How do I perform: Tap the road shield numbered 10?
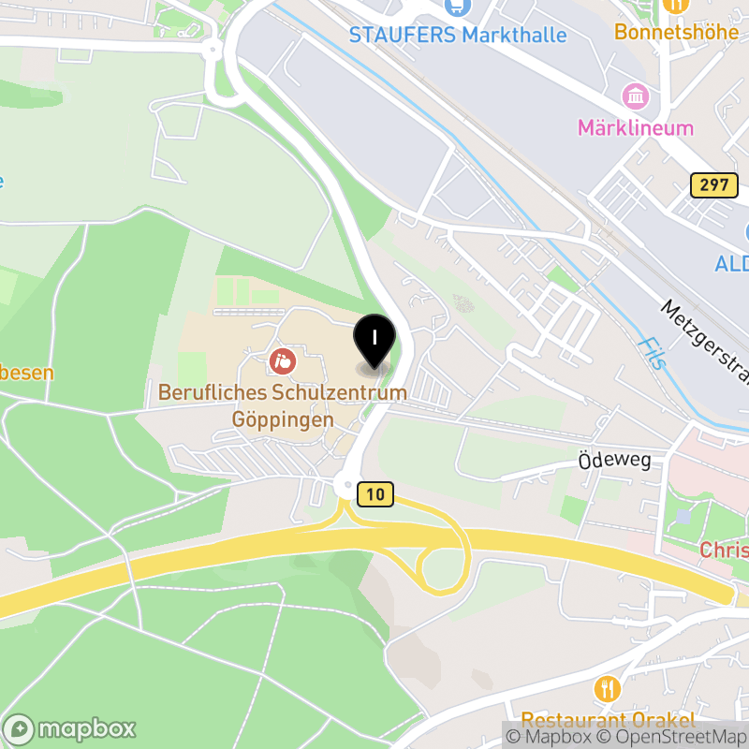click(374, 494)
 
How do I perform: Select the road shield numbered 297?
click(712, 184)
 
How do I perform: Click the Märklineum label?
click(635, 128)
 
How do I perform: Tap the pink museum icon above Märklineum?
click(636, 95)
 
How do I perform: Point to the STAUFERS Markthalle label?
click(457, 36)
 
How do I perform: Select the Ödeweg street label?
click(614, 461)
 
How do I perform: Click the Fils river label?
click(649, 352)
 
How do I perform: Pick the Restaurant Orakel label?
click(608, 720)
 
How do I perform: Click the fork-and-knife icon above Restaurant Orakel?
click(608, 690)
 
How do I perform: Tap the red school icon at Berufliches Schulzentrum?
click(281, 360)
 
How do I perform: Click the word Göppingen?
click(283, 420)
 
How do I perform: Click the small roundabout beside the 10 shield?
click(345, 486)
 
